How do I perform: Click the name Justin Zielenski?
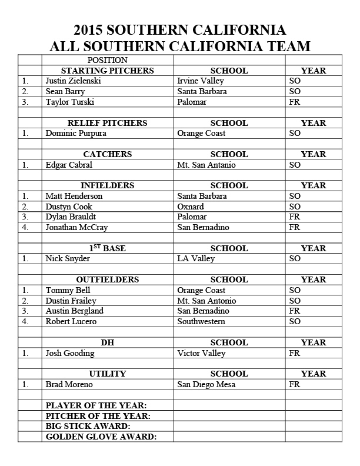pyautogui.click(x=74, y=81)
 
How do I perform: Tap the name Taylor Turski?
pyautogui.click(x=69, y=102)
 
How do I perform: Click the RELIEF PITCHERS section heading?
pyautogui.click(x=108, y=123)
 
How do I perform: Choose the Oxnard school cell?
pyautogui.click(x=191, y=207)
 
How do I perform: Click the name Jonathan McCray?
pyautogui.click(x=76, y=227)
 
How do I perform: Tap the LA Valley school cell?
pyautogui.click(x=196, y=258)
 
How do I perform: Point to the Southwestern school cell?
pyautogui.click(x=201, y=321)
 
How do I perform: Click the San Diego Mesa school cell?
pyautogui.click(x=206, y=384)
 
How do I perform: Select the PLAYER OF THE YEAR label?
pyautogui.click(x=96, y=405)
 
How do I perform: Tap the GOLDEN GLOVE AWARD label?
pyautogui.click(x=101, y=437)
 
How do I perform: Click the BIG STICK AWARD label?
pyautogui.click(x=88, y=426)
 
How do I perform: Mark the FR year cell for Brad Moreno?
pyautogui.click(x=295, y=384)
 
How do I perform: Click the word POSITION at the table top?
pyautogui.click(x=108, y=60)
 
